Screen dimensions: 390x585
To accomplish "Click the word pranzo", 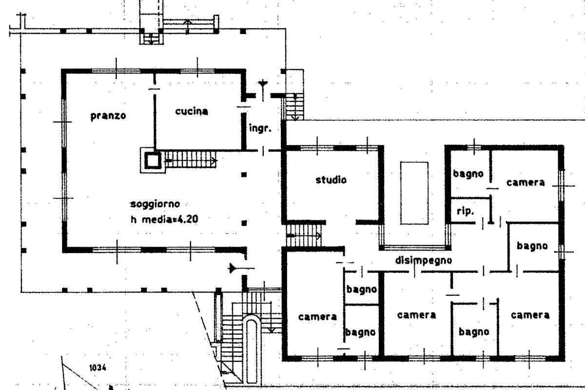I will [x=108, y=116].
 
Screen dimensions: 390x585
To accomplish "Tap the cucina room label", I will [x=191, y=111].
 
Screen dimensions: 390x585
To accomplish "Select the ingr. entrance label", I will [x=259, y=129].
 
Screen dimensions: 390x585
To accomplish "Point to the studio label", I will [x=331, y=179].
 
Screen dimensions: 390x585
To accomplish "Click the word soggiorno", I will [x=156, y=203].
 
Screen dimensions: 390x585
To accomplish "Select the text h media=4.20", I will [x=164, y=219].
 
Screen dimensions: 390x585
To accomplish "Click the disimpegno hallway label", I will [x=423, y=260].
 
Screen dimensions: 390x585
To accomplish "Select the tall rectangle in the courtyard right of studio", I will [x=414, y=193].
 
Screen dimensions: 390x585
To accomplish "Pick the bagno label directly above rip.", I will [x=468, y=173].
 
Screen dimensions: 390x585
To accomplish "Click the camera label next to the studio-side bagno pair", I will [x=317, y=316].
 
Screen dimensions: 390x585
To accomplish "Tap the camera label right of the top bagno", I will [x=525, y=182].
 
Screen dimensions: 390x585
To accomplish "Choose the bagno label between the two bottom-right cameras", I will [x=473, y=332].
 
